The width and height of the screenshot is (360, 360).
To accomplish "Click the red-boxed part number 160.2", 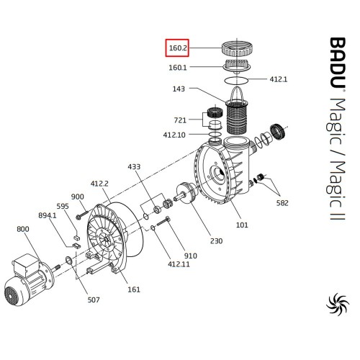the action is pos(178,48).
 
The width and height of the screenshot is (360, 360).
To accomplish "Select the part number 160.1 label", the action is pos(178,68).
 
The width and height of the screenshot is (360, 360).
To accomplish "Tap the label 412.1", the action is pos(279,79).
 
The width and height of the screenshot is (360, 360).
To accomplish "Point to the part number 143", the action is pos(179,89).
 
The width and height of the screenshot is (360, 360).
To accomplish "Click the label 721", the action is pos(180,120).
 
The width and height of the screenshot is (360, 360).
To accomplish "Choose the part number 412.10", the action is pos(174,135).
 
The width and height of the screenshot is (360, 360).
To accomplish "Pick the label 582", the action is pos(282,203).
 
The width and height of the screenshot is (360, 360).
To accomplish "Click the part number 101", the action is pos(242,225).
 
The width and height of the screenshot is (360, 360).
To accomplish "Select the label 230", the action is pos(217,240).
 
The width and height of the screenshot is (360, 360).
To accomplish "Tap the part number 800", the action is pos(23,229).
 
